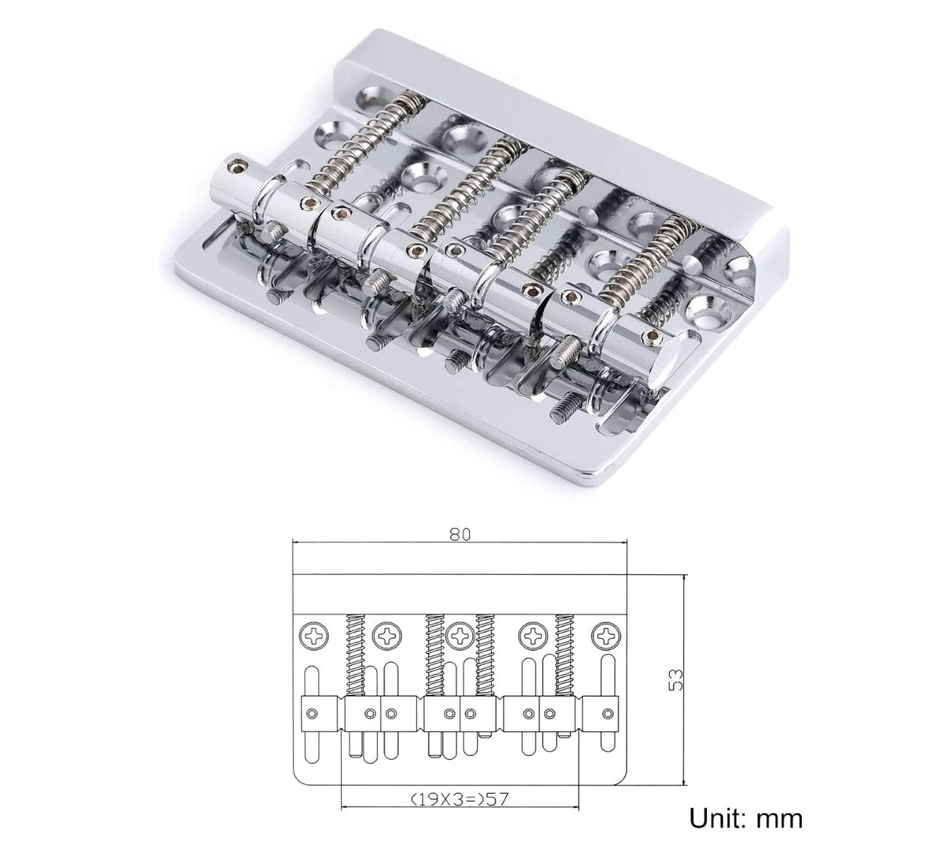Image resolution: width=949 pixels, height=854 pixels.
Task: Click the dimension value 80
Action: point(459,535)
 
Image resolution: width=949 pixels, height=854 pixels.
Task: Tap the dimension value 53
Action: point(676,679)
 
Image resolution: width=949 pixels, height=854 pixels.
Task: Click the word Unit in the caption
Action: point(719,818)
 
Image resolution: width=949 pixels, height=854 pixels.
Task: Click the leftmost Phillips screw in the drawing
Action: point(315,636)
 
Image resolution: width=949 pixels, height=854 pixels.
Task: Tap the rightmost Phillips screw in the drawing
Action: point(607,636)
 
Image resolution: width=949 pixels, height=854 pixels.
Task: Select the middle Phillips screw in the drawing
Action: point(460,636)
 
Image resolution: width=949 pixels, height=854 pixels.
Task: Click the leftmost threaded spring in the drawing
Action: point(356,655)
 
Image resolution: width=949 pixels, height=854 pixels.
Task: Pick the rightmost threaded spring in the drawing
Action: point(565,655)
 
